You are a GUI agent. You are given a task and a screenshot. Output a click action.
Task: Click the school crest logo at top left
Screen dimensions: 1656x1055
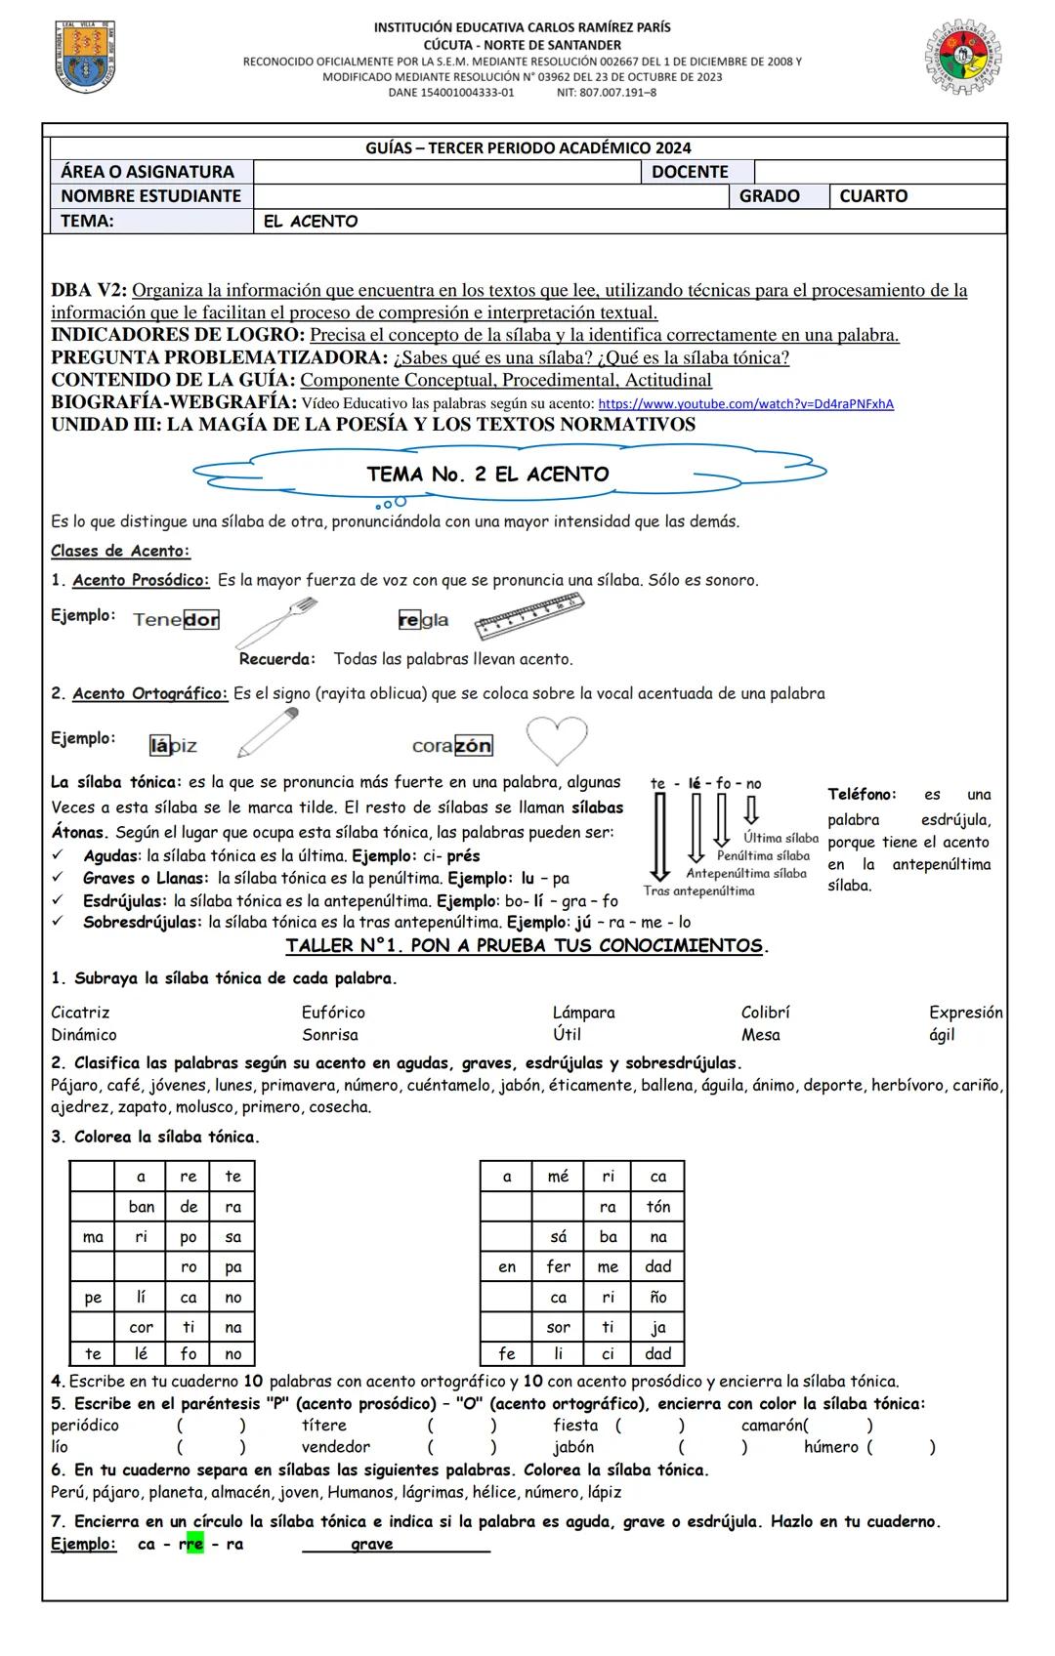85,57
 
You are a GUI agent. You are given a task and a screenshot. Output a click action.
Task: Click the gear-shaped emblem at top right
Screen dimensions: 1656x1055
963,57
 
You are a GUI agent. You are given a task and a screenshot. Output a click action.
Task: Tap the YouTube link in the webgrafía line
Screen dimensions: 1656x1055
745,403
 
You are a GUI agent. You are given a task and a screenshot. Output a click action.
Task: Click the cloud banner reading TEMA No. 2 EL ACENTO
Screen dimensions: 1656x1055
487,475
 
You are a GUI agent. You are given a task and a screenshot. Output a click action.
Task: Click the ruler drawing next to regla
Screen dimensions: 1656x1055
529,618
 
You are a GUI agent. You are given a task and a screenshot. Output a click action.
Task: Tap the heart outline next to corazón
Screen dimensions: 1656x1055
557,740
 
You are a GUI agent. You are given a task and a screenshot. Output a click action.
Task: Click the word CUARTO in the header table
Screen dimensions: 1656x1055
873,196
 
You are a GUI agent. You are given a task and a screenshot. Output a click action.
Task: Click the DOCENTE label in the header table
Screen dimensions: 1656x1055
690,172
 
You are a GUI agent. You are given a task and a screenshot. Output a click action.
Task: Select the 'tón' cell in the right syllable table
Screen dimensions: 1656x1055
658,1207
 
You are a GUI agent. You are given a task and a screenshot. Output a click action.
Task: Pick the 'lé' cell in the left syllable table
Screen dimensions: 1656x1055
141,1354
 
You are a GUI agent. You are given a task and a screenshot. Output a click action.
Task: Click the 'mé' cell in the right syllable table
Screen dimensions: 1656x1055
558,1177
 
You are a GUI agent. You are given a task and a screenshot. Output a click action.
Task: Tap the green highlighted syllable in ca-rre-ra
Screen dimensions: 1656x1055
194,1544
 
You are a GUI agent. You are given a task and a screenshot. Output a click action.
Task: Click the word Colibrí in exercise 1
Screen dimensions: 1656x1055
765,1013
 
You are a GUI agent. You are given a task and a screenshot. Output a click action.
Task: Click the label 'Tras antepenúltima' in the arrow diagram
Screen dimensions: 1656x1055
698,890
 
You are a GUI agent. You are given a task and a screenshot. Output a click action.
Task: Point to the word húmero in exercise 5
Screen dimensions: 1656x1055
831,1447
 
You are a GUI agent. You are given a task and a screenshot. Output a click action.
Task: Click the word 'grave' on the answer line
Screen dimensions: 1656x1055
372,1544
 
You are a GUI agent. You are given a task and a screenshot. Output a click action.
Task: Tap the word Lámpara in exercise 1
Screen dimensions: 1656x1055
583,1013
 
